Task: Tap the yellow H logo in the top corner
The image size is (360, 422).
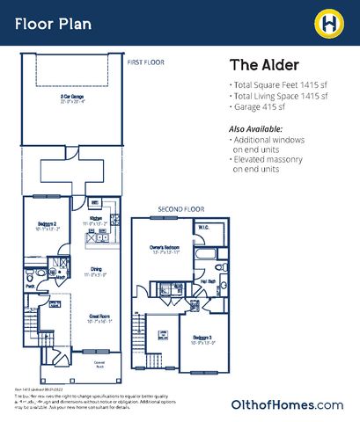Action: coord(331,22)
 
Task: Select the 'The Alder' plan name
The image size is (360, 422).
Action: coord(265,66)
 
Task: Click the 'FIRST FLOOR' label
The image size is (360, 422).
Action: coord(145,62)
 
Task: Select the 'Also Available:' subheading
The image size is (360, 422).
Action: coord(261,129)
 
